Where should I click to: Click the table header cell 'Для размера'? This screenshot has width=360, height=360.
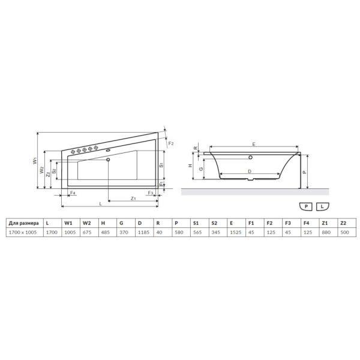24,223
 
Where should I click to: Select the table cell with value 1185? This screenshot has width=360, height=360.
142,232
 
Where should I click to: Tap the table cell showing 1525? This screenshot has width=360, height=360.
235,232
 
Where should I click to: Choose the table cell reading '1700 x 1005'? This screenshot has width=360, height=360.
24,232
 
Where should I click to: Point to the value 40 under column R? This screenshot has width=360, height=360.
158,232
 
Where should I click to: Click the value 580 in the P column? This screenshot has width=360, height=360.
178,232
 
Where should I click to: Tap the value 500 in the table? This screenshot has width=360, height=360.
344,232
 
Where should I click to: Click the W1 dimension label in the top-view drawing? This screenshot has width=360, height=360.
35,160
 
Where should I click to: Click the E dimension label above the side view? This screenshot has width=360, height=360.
254,144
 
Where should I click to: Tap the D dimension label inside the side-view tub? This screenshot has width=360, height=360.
250,171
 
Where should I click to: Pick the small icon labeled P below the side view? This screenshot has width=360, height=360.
307,206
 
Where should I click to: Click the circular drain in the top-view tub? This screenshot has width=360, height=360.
108,160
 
